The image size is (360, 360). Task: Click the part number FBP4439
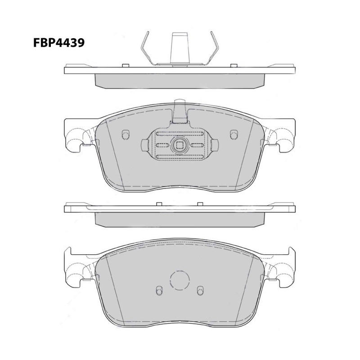[x=59, y=43]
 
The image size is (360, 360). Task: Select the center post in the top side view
[x=179, y=49]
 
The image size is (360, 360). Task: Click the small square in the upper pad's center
[x=180, y=145]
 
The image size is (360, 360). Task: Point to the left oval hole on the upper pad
[x=126, y=135]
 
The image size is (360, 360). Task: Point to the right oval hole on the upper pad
[x=234, y=135]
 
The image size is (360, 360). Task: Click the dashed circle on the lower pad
[x=180, y=280]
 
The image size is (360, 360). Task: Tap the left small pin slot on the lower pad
[x=159, y=291]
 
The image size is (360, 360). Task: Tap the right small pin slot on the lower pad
[x=200, y=291]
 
